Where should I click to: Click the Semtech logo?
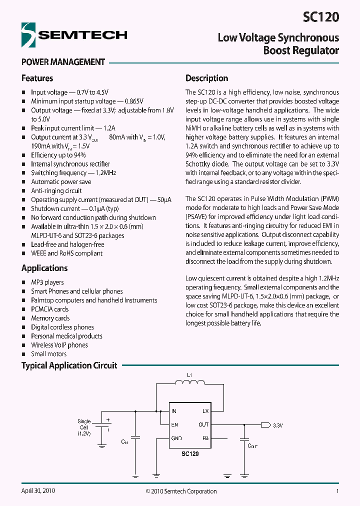74,35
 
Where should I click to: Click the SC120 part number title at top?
320,17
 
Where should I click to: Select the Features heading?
37,78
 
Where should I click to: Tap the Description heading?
206,78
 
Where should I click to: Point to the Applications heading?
44,268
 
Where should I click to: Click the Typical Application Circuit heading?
69,365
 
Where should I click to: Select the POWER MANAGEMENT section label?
63,62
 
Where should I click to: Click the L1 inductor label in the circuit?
188,375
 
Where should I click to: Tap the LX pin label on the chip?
205,411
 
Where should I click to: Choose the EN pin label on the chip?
174,424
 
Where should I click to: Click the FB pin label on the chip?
205,438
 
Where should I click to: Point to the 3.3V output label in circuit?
278,425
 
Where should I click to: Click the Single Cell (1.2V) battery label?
83,427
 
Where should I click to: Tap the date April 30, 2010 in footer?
38,491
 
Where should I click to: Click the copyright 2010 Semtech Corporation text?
181,491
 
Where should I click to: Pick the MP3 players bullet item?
47,282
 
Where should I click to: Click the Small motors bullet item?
48,354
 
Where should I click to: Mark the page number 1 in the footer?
337,491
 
